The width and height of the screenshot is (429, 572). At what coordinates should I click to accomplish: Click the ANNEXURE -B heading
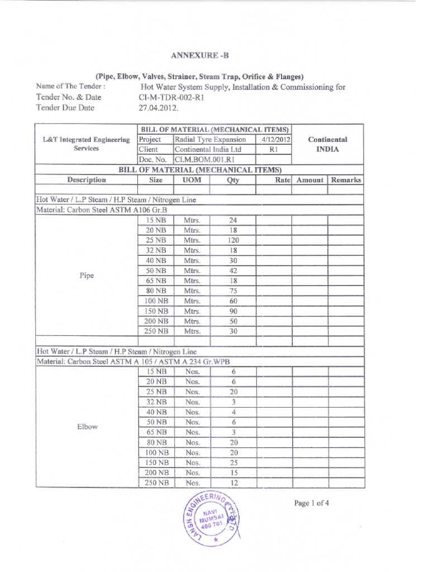[203, 55]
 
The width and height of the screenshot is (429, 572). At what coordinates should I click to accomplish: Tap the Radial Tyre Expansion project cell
[210, 139]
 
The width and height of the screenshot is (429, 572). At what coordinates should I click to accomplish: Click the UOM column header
[192, 180]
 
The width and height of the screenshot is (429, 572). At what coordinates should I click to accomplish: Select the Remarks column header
[345, 180]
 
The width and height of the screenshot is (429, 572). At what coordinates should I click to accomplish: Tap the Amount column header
[310, 180]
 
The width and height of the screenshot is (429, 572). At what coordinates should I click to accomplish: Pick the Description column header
[86, 180]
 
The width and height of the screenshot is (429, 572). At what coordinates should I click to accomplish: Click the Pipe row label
[86, 275]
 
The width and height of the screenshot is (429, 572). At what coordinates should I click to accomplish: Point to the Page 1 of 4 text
[311, 502]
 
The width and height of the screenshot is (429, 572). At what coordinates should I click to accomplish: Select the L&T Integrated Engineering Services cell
[86, 144]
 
